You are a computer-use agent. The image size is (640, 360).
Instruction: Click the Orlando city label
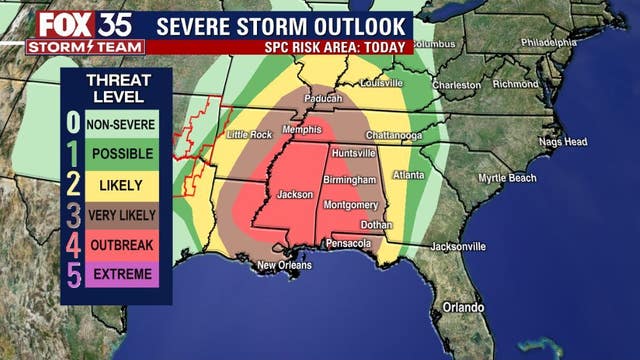462,307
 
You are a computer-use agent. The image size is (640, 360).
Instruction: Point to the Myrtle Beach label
507,178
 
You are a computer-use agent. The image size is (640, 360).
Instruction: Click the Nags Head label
563,142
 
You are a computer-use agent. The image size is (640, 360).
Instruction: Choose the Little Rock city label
250,134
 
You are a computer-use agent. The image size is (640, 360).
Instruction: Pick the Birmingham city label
349,180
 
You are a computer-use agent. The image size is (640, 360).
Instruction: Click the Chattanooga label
391,136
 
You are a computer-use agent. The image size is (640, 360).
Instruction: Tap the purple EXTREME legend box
120,273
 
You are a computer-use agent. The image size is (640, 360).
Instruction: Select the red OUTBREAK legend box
120,244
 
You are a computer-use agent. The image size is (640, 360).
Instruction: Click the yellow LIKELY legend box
120,185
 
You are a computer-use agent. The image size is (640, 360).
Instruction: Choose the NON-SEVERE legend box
120,125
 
